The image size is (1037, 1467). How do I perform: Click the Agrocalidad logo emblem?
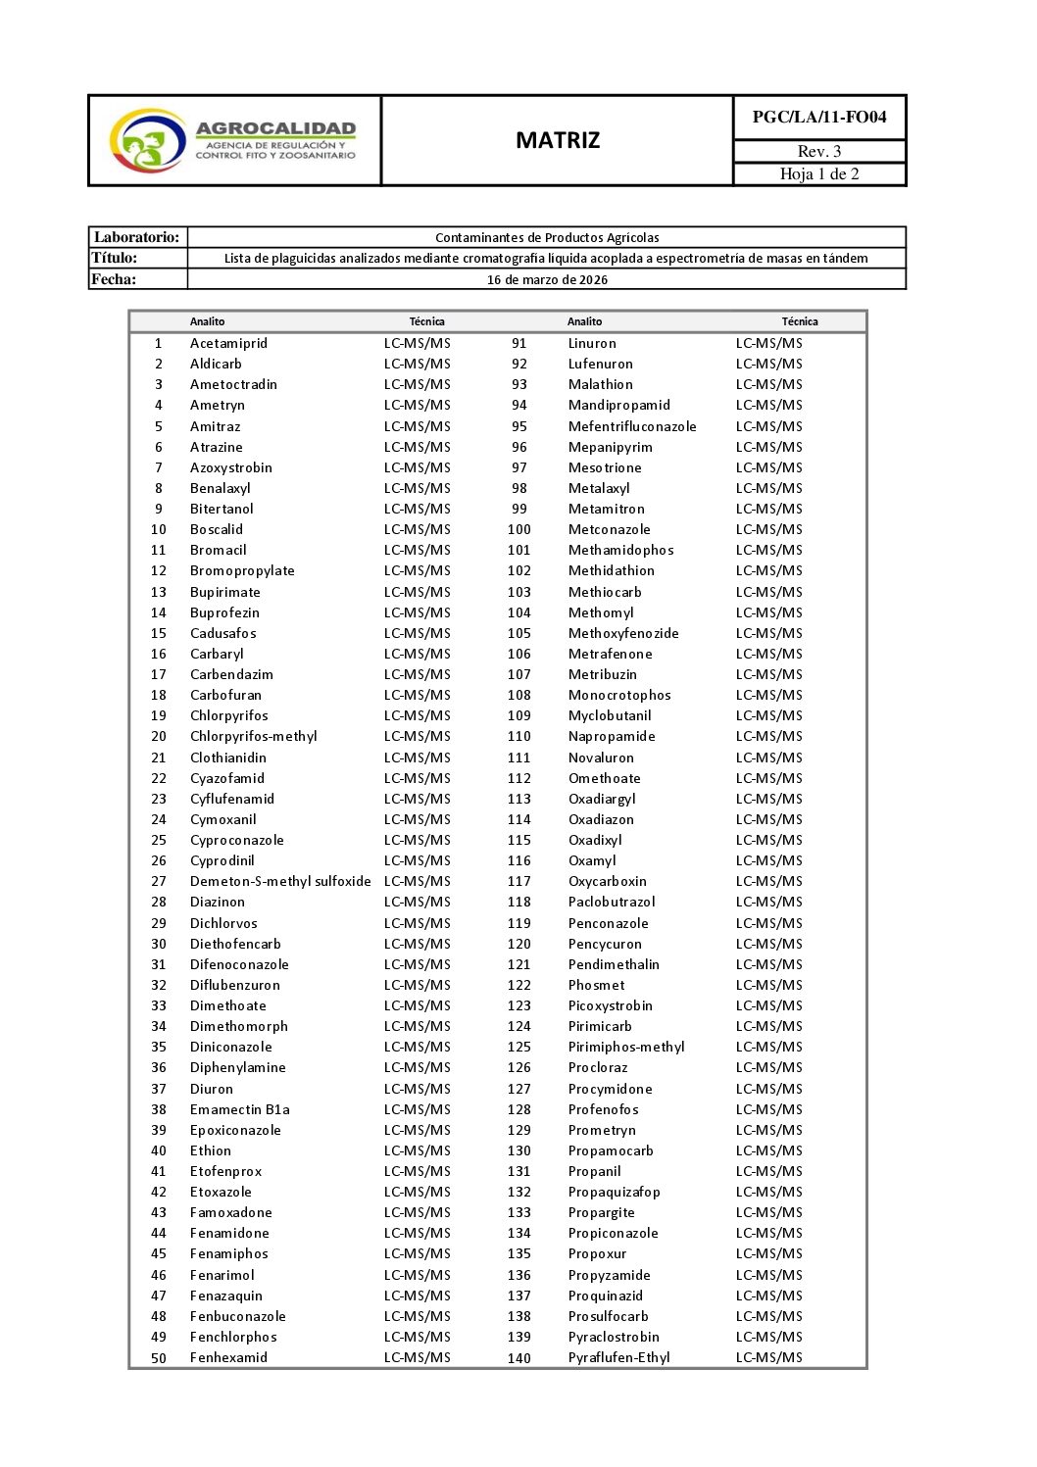tap(147, 141)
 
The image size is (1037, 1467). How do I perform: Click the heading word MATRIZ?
tap(558, 140)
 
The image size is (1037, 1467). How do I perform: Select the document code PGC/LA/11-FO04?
tap(819, 118)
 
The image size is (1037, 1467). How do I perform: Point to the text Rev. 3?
tap(819, 151)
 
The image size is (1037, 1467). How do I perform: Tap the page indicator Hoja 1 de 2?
tap(819, 174)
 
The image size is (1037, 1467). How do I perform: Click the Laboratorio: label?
tap(137, 237)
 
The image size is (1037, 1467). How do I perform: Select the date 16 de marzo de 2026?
tap(547, 279)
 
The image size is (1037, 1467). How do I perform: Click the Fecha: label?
tap(114, 279)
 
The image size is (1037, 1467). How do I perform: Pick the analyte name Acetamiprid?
tap(228, 343)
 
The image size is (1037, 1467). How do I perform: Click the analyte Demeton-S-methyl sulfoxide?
tap(280, 881)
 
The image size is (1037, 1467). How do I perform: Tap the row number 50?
tap(159, 1358)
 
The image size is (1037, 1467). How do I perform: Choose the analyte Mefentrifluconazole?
tap(632, 426)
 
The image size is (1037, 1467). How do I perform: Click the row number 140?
tap(519, 1358)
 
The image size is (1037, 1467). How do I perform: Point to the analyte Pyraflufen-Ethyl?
tap(619, 1357)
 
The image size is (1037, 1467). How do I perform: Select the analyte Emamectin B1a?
tap(240, 1109)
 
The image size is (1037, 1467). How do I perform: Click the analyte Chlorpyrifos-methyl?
tap(254, 736)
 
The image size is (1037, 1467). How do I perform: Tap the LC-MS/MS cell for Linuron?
tap(769, 343)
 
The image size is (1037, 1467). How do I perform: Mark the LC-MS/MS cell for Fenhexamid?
tap(418, 1357)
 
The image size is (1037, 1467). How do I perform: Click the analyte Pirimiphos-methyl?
tap(626, 1047)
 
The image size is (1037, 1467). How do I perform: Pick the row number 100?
tap(519, 529)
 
